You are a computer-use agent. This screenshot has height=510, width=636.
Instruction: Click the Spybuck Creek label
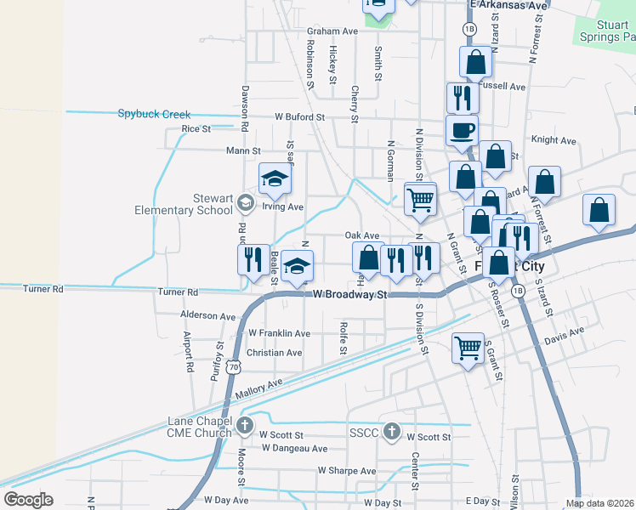click(154, 114)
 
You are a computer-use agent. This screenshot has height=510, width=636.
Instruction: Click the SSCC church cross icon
click(391, 432)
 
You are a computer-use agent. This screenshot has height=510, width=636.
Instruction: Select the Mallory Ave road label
click(258, 390)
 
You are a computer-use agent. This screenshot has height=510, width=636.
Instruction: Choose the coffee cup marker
click(463, 131)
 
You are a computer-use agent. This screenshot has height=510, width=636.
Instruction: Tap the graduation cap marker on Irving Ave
click(275, 178)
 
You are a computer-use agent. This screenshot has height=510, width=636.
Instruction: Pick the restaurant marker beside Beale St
click(253, 258)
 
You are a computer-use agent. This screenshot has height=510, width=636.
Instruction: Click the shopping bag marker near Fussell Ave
click(475, 61)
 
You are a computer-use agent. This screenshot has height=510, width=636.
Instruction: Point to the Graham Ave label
click(332, 31)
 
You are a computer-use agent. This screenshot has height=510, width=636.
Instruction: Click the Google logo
click(29, 500)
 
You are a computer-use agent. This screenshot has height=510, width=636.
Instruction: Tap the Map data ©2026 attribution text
click(599, 503)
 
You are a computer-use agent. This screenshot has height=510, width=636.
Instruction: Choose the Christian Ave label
click(274, 353)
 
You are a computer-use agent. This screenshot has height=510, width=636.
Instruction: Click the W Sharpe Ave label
click(347, 470)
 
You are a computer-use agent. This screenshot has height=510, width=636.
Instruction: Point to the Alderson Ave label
click(207, 315)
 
